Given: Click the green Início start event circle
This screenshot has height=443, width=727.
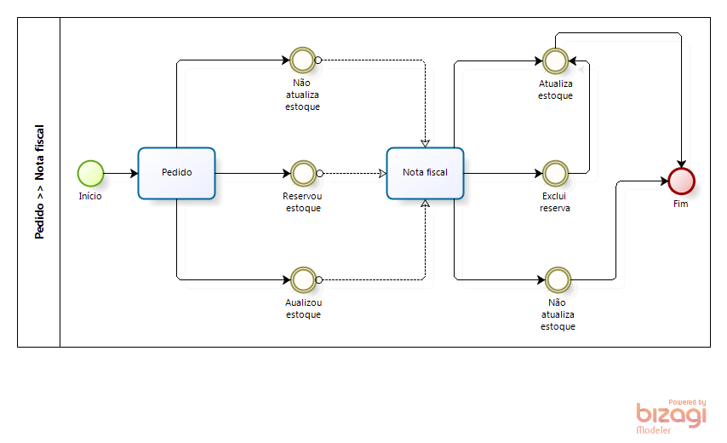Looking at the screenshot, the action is pyautogui.click(x=90, y=174).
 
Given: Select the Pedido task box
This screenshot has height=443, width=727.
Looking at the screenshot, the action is pyautogui.click(x=177, y=173).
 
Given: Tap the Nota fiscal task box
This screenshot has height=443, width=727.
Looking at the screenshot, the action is pyautogui.click(x=425, y=173).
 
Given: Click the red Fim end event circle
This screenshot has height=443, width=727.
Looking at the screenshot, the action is pyautogui.click(x=681, y=181).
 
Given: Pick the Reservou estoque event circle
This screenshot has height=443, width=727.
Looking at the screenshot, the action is pyautogui.click(x=303, y=174).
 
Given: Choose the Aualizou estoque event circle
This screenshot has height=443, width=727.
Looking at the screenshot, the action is pyautogui.click(x=303, y=279).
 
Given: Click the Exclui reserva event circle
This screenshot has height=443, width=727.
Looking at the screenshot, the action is pyautogui.click(x=555, y=174).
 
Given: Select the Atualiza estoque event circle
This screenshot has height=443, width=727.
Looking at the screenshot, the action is pyautogui.click(x=555, y=60).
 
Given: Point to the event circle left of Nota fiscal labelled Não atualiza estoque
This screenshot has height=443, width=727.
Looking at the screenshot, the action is pyautogui.click(x=302, y=60).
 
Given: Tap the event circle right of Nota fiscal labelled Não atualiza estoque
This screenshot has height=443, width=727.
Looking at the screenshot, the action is pyautogui.click(x=558, y=279).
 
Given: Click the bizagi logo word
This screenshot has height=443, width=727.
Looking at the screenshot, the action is pyautogui.click(x=672, y=414).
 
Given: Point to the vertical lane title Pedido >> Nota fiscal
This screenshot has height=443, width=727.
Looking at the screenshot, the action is pyautogui.click(x=39, y=181).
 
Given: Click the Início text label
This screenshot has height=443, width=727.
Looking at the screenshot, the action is pyautogui.click(x=90, y=196).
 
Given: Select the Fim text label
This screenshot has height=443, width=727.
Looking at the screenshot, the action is pyautogui.click(x=681, y=204).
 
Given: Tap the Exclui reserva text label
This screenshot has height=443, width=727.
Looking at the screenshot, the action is pyautogui.click(x=554, y=202).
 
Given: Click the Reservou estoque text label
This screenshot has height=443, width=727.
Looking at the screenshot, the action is pyautogui.click(x=303, y=202).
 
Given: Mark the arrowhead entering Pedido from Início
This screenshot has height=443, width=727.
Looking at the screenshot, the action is pyautogui.click(x=135, y=174).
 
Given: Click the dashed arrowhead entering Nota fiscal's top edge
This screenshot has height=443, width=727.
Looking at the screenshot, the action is pyautogui.click(x=425, y=144).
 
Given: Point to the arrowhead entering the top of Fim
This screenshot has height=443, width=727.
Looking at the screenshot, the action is pyautogui.click(x=681, y=164).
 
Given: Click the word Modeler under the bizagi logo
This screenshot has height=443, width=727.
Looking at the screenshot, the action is pyautogui.click(x=654, y=430).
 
